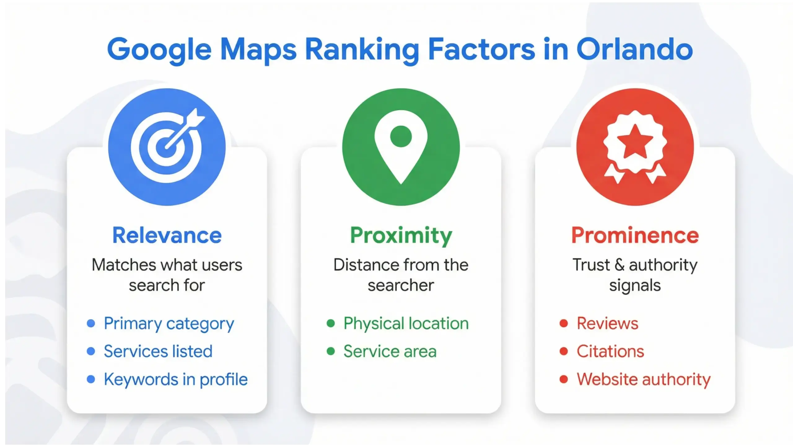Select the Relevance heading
(167, 236)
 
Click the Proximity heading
(401, 236)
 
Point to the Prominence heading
(635, 236)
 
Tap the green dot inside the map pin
(401, 136)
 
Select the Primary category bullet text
(169, 324)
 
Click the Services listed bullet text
(158, 352)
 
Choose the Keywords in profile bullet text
(176, 379)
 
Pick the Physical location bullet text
(406, 324)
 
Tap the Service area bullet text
(390, 352)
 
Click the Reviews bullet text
(607, 324)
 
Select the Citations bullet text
(610, 352)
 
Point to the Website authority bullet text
(643, 379)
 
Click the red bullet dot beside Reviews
(564, 324)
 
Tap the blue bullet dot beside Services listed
(91, 351)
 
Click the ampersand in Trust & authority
(619, 265)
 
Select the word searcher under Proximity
(401, 285)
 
